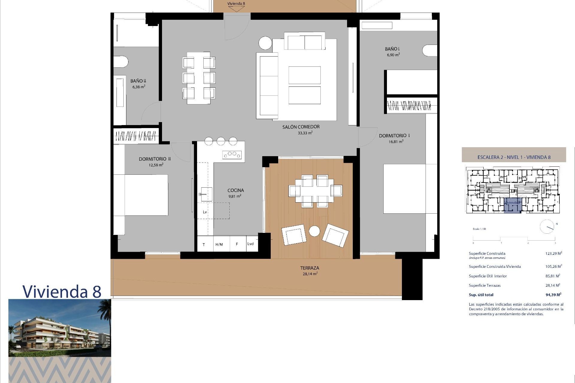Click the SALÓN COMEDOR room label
[x=301, y=127]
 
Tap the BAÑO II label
[x=138, y=81]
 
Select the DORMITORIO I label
[x=394, y=136]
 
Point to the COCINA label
[x=235, y=190]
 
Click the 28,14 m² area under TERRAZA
[x=310, y=274]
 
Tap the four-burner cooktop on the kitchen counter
[x=232, y=154]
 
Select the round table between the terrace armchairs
[x=314, y=231]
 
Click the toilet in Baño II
[x=121, y=62]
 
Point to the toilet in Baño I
[x=430, y=51]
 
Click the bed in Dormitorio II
[x=141, y=195]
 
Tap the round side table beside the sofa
[x=265, y=43]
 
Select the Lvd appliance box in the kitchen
[x=251, y=244]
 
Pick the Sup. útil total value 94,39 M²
[x=553, y=295]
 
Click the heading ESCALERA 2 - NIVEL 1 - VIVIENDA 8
[x=514, y=157]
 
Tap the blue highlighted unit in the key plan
[x=512, y=206]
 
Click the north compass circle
[x=547, y=227]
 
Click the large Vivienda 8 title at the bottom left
[x=62, y=291]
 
